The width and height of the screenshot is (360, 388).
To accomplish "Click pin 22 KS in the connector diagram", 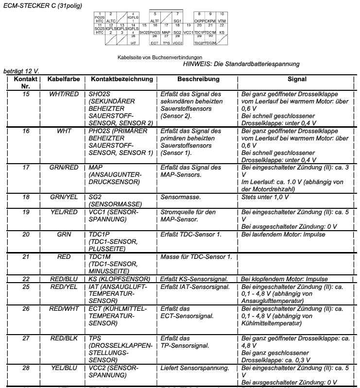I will [222, 30].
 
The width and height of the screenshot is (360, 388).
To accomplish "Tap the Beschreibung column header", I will [198, 79].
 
